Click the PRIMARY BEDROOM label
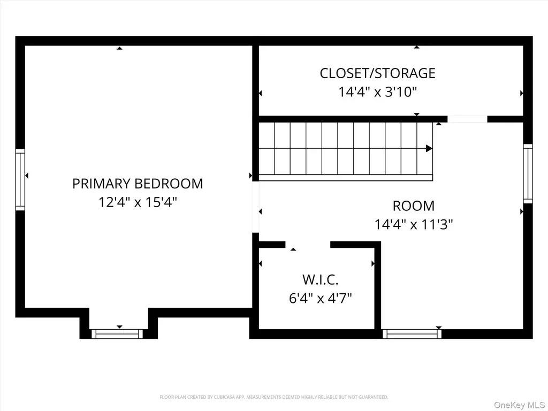138,184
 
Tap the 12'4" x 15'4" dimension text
138,202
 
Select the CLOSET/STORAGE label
377,73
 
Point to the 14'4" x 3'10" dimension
377,92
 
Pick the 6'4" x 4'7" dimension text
320,298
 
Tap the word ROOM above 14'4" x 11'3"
414,206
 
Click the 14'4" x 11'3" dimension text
414,224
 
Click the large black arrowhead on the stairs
429,148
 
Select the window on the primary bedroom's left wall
20,180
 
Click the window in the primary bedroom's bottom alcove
117,334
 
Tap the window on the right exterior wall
528,173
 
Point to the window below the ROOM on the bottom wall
412,334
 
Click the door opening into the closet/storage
467,119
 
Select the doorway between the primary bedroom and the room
255,207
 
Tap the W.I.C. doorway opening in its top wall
308,245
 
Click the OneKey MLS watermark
519,405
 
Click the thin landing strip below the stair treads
346,178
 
